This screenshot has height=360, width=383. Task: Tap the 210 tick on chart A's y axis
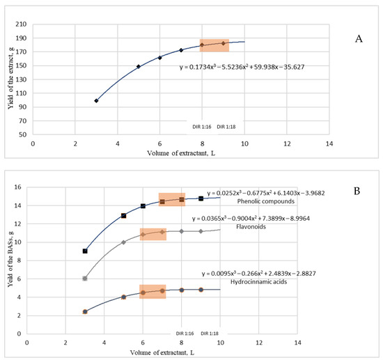pos(22,25)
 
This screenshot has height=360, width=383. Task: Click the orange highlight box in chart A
pos(214,45)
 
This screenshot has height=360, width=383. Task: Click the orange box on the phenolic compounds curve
pos(172,200)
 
